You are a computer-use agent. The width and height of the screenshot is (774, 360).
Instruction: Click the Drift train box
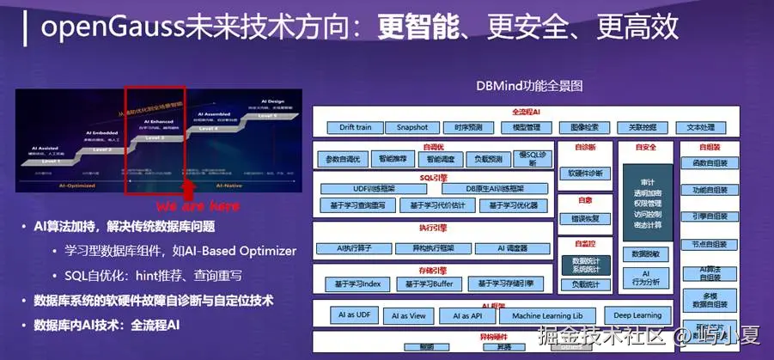355,127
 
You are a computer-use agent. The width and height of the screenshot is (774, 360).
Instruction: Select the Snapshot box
411,127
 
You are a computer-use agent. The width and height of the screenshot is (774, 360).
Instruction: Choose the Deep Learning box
637,315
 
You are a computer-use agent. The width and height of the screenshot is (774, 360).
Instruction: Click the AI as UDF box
351,315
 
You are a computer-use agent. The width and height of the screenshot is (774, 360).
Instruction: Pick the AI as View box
407,315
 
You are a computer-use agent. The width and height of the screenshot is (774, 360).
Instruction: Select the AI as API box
463,315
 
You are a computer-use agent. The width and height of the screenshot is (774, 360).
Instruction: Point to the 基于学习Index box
360,284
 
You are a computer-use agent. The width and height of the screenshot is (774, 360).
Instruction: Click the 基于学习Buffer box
426,284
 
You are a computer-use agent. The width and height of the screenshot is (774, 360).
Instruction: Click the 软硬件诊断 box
585,173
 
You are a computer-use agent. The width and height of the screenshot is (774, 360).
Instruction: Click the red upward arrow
188,189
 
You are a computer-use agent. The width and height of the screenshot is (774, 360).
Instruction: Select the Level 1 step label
51,161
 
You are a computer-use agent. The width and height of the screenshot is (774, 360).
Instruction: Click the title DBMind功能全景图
529,86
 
